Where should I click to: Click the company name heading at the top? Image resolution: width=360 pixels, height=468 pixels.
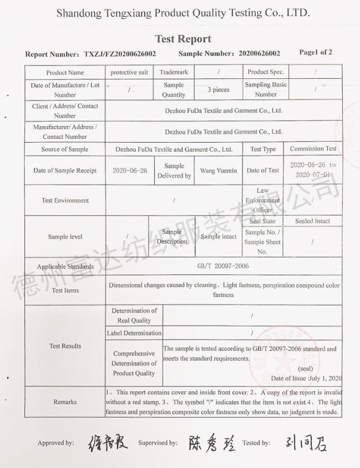pos(183,13)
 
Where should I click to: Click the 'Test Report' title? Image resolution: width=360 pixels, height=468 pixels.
pos(183,39)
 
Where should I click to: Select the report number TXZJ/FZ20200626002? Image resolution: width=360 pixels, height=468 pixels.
pos(120,54)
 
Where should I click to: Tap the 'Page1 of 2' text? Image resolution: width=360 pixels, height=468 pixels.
pos(316,53)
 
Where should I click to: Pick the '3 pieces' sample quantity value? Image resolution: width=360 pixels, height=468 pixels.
pos(219,90)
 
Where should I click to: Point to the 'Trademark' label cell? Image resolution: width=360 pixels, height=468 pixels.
pos(174,73)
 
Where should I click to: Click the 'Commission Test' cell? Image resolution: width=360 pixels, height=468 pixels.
pos(313,149)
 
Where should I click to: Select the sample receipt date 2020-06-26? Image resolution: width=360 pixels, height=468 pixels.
pos(130,170)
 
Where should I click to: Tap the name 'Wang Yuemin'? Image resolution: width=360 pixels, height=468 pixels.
pos(219,170)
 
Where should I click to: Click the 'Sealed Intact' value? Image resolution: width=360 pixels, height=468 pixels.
pos(312,221)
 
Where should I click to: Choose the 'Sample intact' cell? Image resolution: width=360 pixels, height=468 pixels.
pos(219,236)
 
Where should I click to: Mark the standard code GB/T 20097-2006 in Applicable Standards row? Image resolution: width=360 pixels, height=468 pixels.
pos(223,266)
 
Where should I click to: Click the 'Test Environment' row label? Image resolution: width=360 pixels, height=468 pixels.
pos(65,200)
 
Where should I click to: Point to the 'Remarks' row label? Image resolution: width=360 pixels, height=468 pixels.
pos(65,401)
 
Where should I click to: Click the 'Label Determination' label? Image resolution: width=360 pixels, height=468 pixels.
pos(134,333)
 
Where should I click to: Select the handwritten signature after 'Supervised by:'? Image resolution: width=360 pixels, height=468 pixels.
pos(211,442)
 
